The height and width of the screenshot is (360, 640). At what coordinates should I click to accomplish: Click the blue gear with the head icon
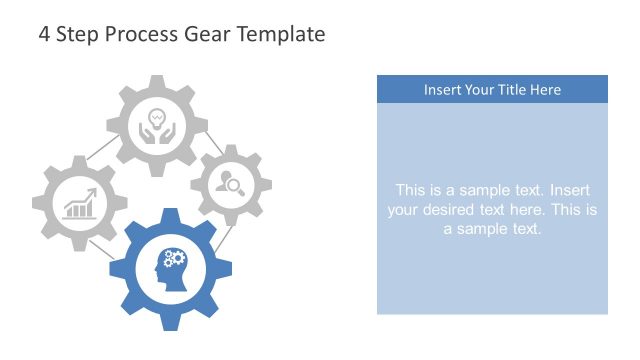point(170,300)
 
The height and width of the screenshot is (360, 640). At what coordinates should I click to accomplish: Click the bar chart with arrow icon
point(80,205)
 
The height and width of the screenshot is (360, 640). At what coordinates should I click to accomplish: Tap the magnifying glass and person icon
point(231,183)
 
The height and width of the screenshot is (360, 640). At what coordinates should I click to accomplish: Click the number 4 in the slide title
point(44,34)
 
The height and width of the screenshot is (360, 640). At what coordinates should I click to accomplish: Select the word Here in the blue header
point(546,90)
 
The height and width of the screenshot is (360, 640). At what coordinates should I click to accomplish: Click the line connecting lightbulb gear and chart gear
point(100,152)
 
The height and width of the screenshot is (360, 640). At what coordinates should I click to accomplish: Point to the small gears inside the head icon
point(175,259)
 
